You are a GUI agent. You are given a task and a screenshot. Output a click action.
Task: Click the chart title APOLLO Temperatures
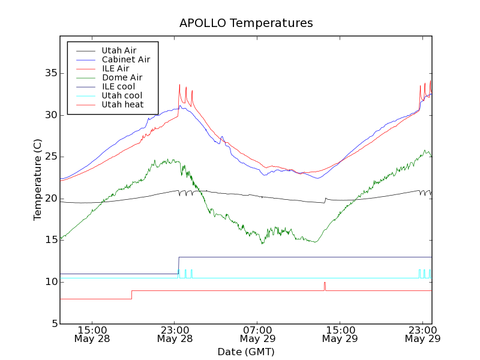point(246,23)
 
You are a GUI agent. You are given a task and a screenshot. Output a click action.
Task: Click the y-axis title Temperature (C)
point(38,179)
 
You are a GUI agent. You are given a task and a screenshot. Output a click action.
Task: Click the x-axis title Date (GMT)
point(246,352)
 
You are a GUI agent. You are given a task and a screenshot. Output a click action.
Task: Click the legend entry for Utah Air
point(119,50)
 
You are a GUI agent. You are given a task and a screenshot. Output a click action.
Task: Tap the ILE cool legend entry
point(118,86)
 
